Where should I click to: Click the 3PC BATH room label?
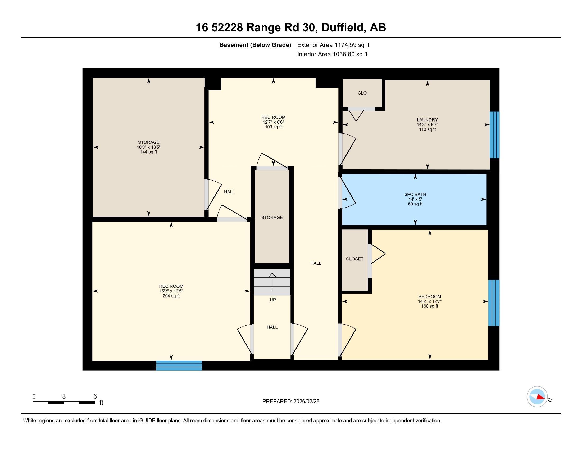point(415,194)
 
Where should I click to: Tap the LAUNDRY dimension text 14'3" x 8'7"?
point(427,124)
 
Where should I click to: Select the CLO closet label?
point(362,93)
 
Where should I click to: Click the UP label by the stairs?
point(272,300)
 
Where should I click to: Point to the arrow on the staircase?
point(272,282)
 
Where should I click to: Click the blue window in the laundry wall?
point(494,135)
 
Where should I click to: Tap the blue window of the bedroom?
point(494,303)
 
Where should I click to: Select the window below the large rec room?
point(179,365)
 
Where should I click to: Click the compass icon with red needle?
point(537,397)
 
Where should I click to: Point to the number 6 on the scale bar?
point(95,397)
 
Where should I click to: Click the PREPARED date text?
point(291,402)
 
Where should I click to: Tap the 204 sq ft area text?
point(171,296)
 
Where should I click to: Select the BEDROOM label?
point(430,296)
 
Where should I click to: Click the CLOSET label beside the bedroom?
point(355,259)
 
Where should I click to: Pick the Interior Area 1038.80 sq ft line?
point(332,54)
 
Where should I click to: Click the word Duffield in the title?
point(343,28)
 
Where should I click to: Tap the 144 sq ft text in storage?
point(149,152)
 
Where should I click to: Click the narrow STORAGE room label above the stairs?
point(272,217)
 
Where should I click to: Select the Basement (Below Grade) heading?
point(255,45)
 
